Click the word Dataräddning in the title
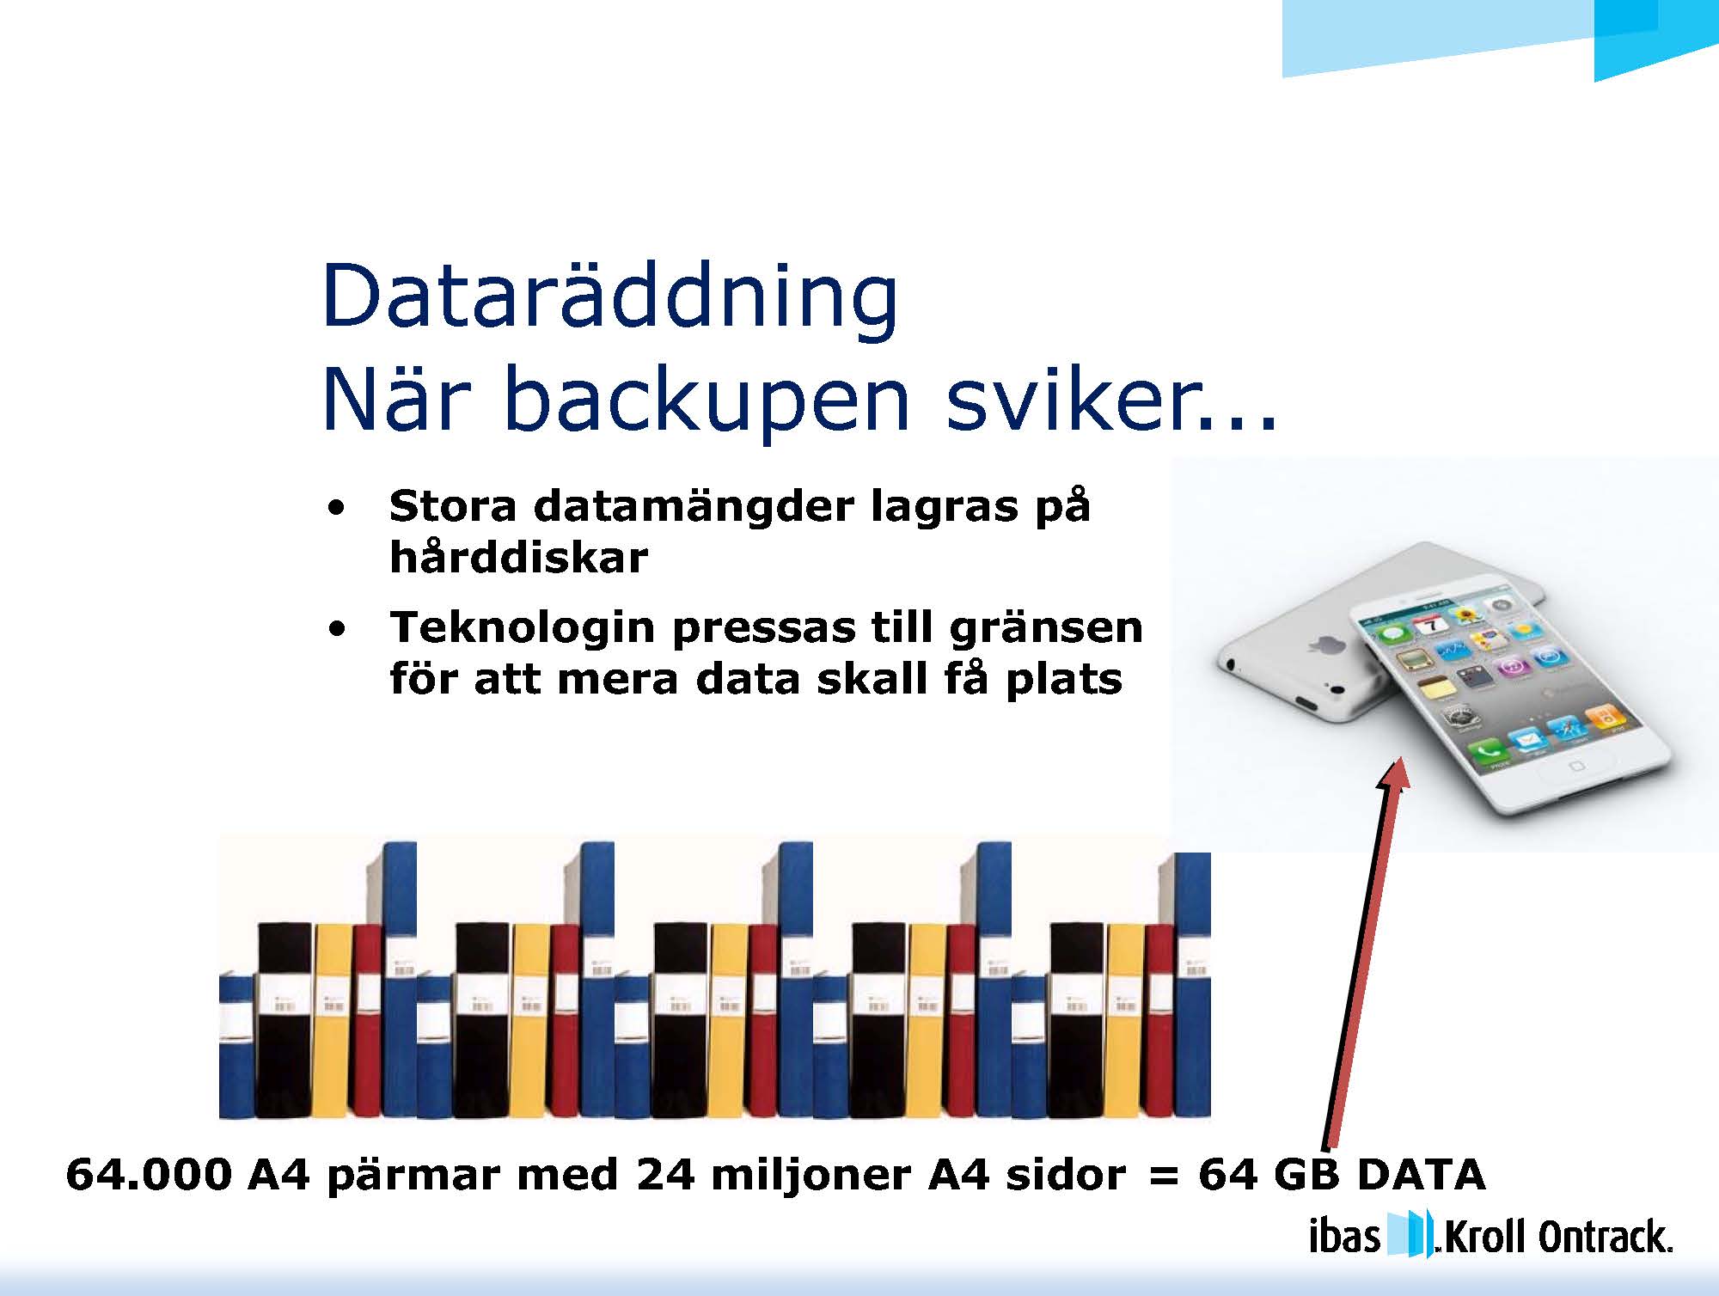(610, 297)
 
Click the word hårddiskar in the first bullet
(518, 558)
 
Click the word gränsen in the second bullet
(1046, 628)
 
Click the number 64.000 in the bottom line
(149, 1175)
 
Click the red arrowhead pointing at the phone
(1394, 773)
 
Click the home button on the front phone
(1575, 765)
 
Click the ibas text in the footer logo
(1344, 1238)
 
